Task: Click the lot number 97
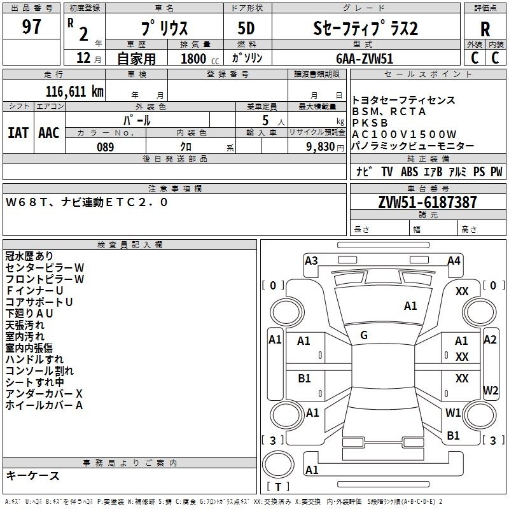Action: pos(31,26)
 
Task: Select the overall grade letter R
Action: pos(485,29)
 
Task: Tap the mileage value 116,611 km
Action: pos(74,92)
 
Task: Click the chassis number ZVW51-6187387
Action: pos(428,202)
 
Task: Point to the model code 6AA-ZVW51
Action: pos(365,59)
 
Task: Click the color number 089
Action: pos(106,147)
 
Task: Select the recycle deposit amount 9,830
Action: pos(321,147)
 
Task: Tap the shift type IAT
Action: pos(18,133)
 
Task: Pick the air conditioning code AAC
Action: pos(49,133)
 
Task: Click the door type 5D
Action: pos(246,29)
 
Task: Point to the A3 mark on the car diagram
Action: pos(311,261)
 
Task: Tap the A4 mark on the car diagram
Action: pos(454,261)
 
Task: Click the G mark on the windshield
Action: pos(364,335)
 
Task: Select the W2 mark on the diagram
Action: pos(491,390)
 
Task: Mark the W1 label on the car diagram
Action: pos(453,412)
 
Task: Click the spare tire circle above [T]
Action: pos(278,464)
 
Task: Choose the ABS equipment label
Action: pos(409,171)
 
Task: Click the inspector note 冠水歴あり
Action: pos(29,256)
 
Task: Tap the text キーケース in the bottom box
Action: pos(33,475)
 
